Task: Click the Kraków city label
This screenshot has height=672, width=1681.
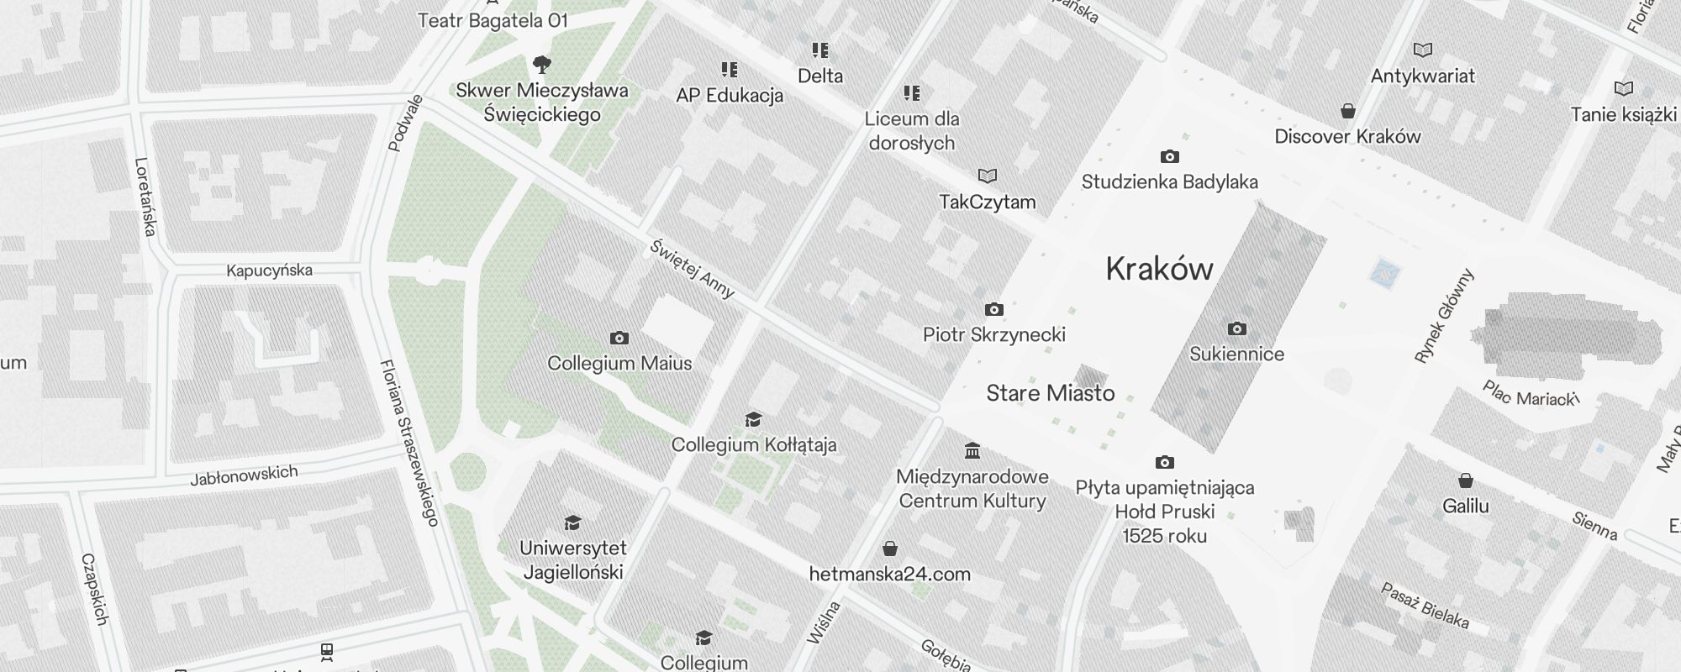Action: click(x=1159, y=269)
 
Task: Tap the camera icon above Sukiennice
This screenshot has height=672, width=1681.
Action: click(x=1236, y=328)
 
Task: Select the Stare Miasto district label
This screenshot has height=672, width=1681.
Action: click(x=1050, y=393)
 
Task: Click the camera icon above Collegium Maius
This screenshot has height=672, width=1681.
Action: click(x=619, y=338)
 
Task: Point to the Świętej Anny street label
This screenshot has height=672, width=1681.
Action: click(x=693, y=270)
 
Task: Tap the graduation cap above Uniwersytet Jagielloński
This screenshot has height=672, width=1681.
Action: click(x=572, y=523)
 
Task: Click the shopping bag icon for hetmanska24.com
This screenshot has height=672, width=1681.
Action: click(x=890, y=549)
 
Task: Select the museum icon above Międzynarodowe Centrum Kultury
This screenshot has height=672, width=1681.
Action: click(x=972, y=451)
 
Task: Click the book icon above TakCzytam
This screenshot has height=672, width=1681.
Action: click(x=987, y=176)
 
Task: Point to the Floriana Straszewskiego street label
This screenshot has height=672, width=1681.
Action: click(x=409, y=443)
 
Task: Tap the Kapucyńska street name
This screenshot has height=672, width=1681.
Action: click(x=269, y=270)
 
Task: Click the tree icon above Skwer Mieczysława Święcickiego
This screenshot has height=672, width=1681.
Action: click(x=542, y=64)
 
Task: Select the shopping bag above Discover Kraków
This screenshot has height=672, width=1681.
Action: click(x=1347, y=111)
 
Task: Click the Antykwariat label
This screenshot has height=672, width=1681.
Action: click(x=1422, y=76)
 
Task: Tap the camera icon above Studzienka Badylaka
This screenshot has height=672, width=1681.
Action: click(x=1169, y=156)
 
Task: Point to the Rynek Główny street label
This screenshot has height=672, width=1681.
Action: click(x=1444, y=316)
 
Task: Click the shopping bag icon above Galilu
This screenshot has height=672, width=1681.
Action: click(x=1465, y=480)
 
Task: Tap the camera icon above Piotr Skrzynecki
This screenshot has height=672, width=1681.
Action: click(x=993, y=309)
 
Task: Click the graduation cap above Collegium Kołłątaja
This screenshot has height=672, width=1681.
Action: click(x=753, y=419)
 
